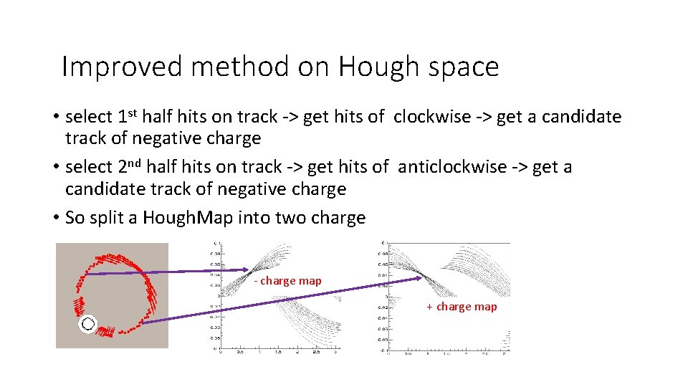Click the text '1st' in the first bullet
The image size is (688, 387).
[128, 115]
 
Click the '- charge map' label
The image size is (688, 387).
[288, 281]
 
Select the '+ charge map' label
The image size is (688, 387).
[462, 307]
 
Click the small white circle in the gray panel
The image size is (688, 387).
[87, 324]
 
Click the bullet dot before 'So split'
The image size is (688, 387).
[55, 218]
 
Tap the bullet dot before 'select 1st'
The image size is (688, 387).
[55, 117]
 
